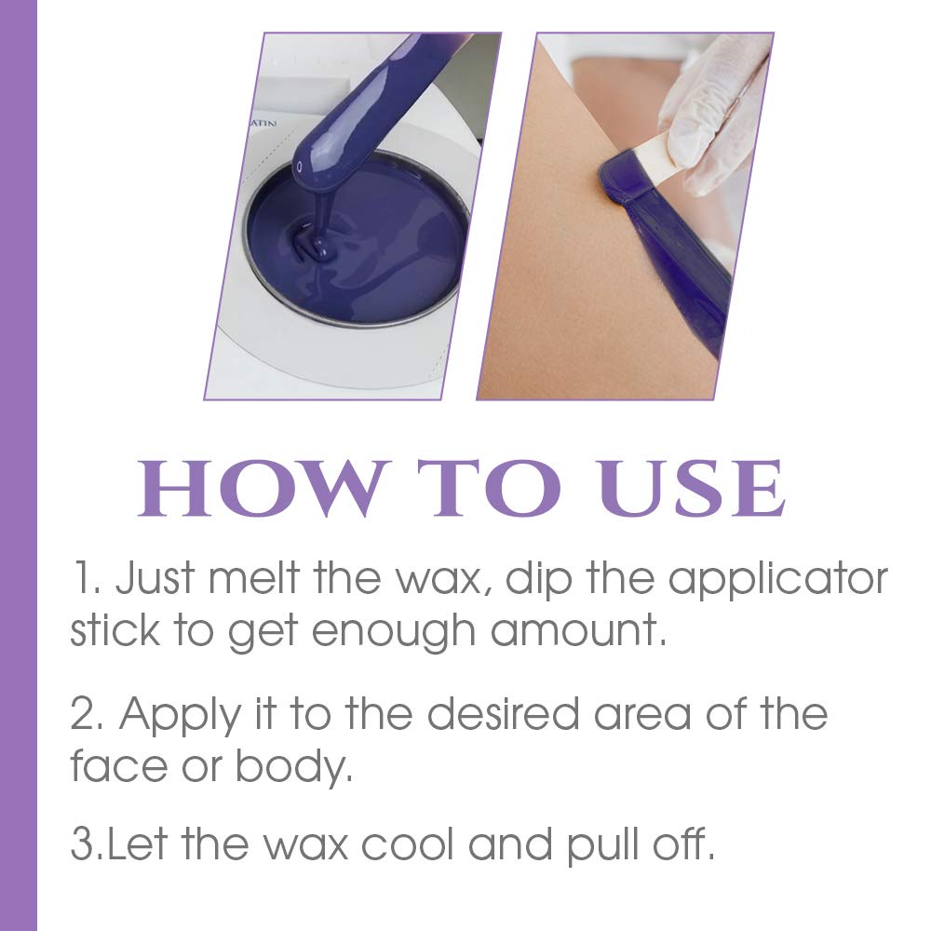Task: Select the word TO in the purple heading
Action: [x=489, y=488]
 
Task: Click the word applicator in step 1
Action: [x=777, y=579]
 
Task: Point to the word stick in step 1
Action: [x=115, y=630]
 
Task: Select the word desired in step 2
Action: [x=503, y=713]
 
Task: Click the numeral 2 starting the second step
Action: [x=82, y=714]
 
